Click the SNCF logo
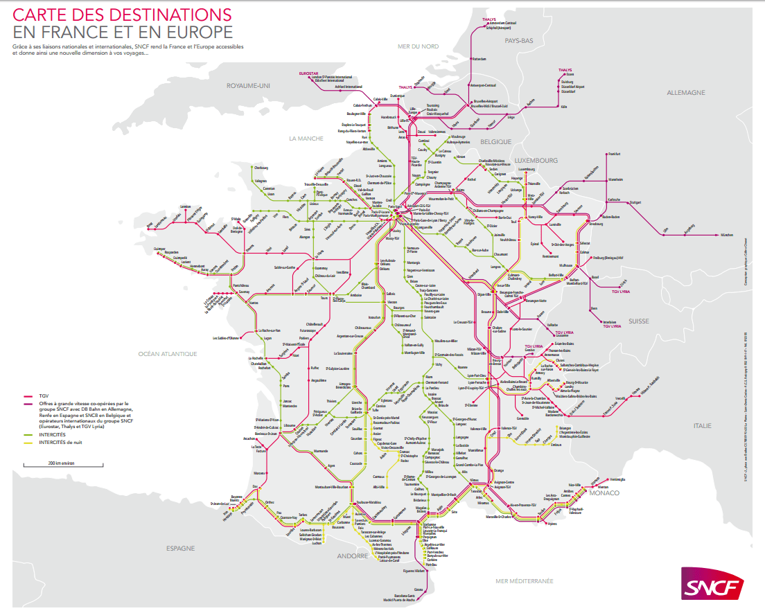pos(712,586)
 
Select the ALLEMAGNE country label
pos(685,92)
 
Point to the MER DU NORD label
pos(419,46)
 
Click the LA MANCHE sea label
pos(306,139)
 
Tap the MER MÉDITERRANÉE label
pos(525,580)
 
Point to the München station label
pos(726,236)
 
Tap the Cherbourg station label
pos(261,168)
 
